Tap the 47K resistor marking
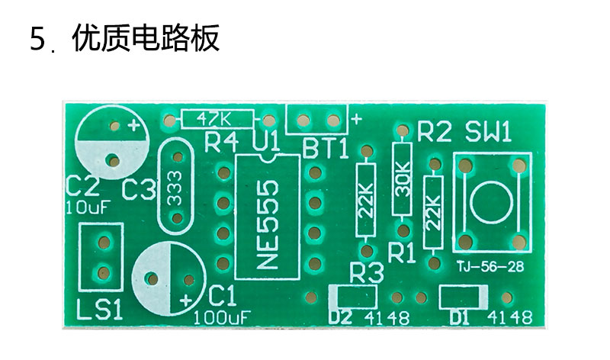tap(214, 118)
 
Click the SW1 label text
tap(488, 132)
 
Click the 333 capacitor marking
tap(175, 188)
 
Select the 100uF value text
tap(222, 318)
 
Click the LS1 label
tap(100, 309)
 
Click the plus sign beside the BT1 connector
tap(356, 119)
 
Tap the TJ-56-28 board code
tap(490, 267)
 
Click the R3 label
tap(367, 272)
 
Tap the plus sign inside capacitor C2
tap(134, 125)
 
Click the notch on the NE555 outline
tap(268, 158)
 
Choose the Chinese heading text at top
tap(146, 38)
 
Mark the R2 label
tap(435, 132)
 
